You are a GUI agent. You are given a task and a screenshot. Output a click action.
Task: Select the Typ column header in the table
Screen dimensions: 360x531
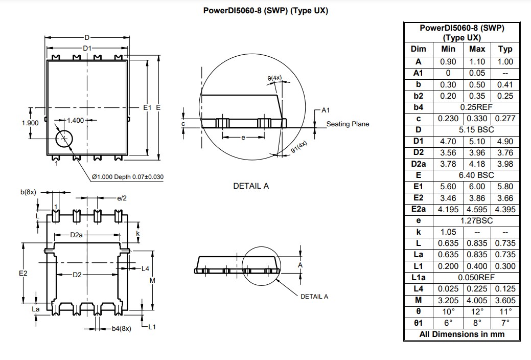click(x=504, y=49)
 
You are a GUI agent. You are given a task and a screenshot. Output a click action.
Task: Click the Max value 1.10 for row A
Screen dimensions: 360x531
click(x=477, y=61)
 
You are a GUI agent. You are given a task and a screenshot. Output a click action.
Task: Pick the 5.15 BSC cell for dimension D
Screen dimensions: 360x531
click(x=476, y=130)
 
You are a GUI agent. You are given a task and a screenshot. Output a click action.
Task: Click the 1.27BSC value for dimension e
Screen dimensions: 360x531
click(x=476, y=220)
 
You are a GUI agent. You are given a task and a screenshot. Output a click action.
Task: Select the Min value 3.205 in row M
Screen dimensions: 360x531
click(x=448, y=300)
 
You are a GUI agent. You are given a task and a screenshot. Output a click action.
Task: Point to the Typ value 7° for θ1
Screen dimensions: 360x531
click(x=504, y=323)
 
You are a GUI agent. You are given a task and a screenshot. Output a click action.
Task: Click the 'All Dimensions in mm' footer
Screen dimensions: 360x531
click(x=461, y=334)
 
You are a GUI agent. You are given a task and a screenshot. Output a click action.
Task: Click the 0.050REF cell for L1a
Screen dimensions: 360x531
click(x=476, y=277)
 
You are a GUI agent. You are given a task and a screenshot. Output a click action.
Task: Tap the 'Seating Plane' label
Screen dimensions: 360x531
click(x=348, y=124)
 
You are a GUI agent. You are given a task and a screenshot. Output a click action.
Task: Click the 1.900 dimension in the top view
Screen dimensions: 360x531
click(x=30, y=123)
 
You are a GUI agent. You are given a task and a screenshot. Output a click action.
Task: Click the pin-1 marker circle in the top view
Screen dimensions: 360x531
click(x=64, y=138)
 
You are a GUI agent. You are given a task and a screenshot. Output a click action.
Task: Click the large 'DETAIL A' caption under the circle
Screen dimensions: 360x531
click(x=250, y=186)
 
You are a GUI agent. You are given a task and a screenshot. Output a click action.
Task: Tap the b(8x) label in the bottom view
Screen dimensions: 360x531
click(x=28, y=192)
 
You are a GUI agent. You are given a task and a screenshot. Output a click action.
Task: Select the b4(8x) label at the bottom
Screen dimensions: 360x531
click(x=121, y=329)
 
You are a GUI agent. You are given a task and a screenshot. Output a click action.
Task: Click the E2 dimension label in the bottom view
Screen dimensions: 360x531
click(x=22, y=274)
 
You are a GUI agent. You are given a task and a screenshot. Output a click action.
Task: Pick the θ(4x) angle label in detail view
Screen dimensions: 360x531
click(x=274, y=78)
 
